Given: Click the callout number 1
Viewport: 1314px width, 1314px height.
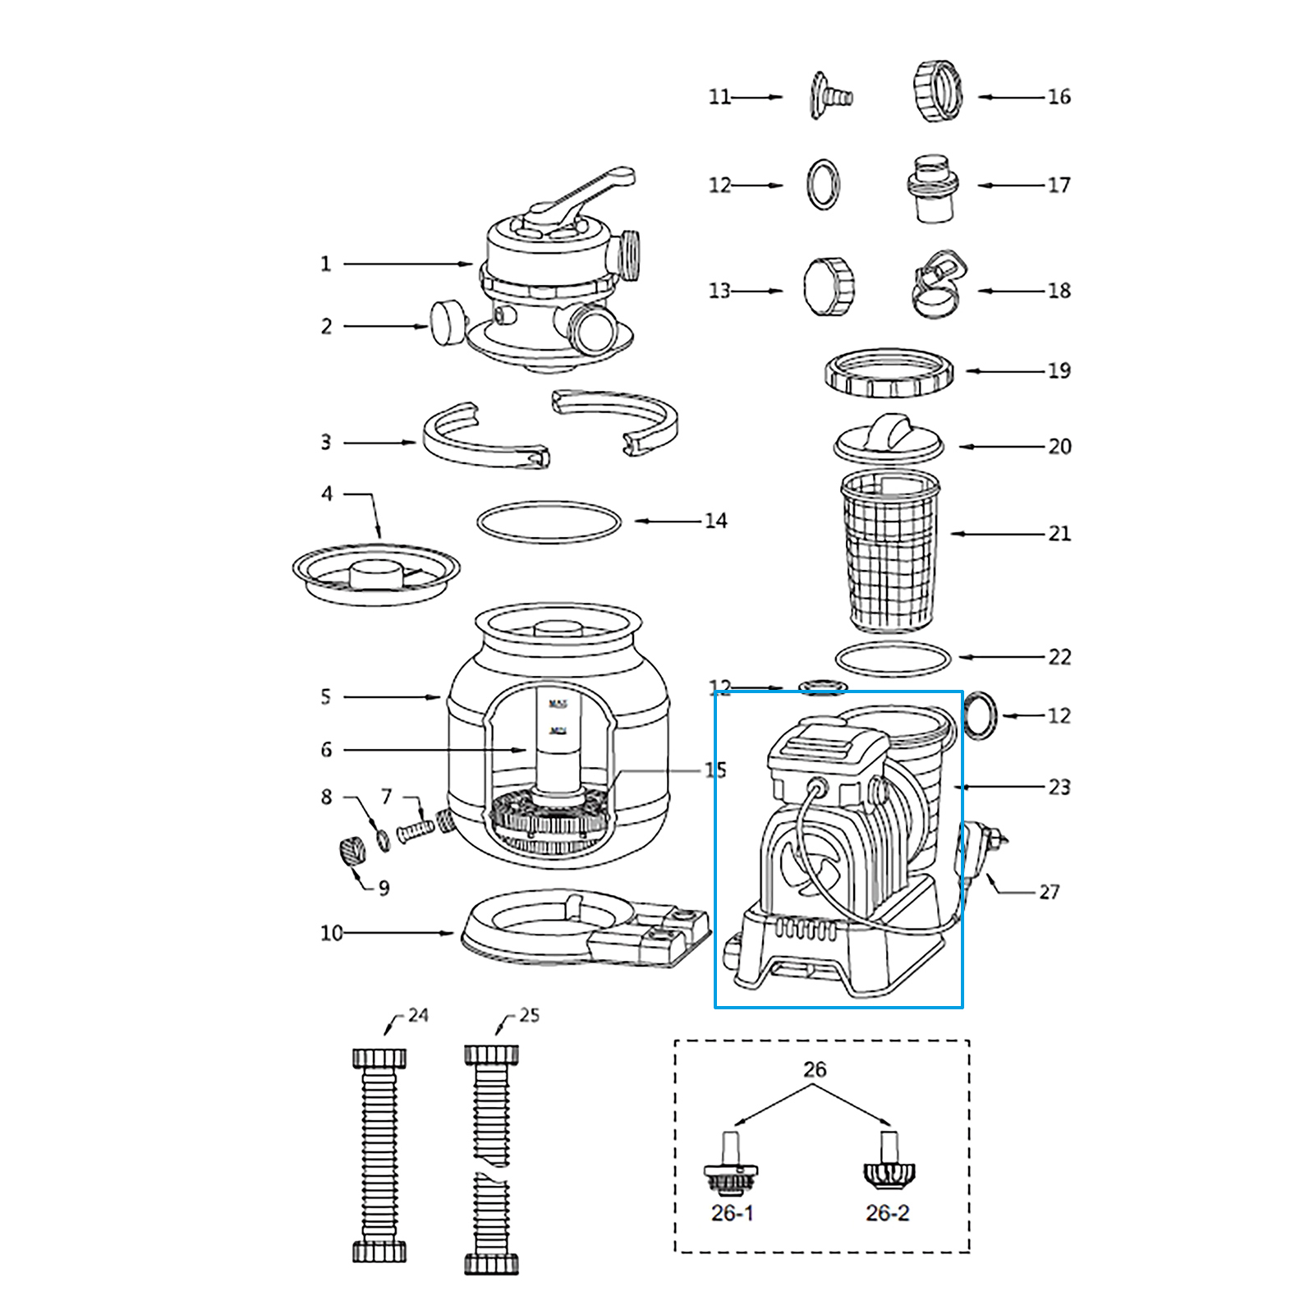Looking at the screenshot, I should tap(326, 264).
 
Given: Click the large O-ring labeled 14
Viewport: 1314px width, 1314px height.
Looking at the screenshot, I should tap(549, 522).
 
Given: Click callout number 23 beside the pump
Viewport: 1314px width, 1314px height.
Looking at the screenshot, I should tap(1059, 787).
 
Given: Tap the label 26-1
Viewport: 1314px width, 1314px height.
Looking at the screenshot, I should tap(732, 1213).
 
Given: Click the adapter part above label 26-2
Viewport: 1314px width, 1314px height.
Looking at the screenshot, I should tap(889, 1163).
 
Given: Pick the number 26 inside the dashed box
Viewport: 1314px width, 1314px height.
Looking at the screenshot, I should tap(815, 1069).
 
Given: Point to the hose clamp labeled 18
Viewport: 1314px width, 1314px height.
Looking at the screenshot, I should tap(939, 284).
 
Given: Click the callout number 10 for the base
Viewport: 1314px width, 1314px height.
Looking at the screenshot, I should tap(331, 933).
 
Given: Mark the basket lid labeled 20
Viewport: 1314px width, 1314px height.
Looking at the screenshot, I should tap(889, 440).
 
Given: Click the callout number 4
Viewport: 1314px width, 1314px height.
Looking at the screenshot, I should tap(327, 494).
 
